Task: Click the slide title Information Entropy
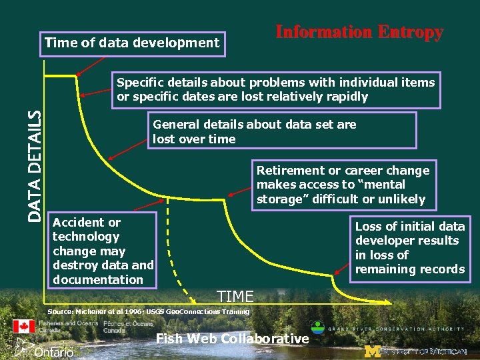359,32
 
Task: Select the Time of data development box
132,43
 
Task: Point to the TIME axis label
235,297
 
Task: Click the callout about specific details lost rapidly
275,90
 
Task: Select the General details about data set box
281,131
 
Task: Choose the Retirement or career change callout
343,185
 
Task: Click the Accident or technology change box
103,251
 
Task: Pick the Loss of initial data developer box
409,248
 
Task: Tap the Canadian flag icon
24,327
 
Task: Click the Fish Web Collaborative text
232,339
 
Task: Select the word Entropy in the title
410,32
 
